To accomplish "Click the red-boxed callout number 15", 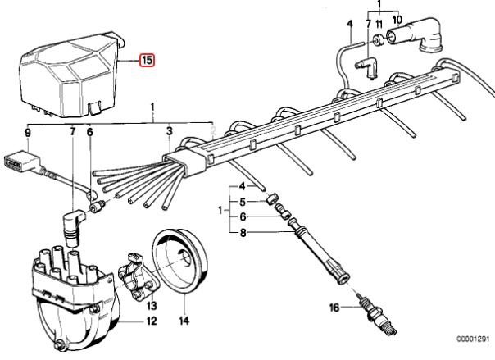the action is tap(148, 60).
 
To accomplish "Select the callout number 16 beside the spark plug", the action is tap(334, 308).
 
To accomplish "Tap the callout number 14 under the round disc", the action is tap(184, 321).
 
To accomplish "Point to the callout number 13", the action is tap(152, 306).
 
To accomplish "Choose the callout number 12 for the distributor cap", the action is tap(152, 321).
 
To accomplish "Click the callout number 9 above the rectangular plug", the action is tap(28, 133).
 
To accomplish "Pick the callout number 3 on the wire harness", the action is tap(170, 131).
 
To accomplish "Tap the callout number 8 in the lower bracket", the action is tap(243, 233).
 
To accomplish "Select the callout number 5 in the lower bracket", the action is tap(243, 202).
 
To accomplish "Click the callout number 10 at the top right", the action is tap(397, 20).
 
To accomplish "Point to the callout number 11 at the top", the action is tap(379, 24).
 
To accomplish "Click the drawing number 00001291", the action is tap(473, 339).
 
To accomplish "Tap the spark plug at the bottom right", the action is tap(376, 316).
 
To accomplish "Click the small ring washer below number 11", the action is tap(378, 40).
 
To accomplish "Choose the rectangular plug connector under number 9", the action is tap(21, 162).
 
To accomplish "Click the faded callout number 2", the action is tap(213, 131).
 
